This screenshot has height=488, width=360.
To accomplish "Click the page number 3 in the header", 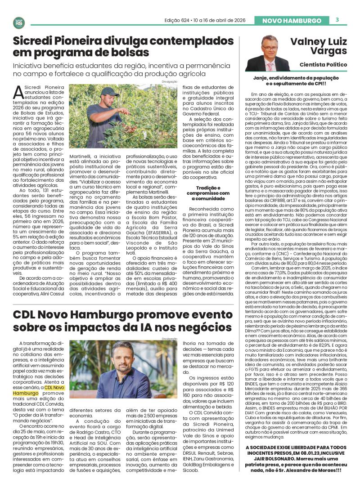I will click(x=337, y=20).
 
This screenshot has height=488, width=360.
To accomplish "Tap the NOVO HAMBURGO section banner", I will click(x=291, y=21).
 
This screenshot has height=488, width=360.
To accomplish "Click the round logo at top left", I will click(x=19, y=22).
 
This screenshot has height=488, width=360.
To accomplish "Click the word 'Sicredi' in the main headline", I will click(x=38, y=41).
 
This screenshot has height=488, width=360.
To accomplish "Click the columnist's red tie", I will click(x=270, y=66).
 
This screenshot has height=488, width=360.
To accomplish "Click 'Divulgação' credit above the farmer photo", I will click(x=170, y=82).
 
